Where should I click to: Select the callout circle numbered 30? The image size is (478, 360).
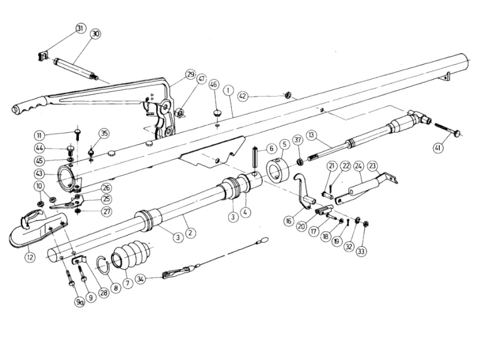[x=95, y=35]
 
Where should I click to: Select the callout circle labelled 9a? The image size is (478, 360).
[x=79, y=303]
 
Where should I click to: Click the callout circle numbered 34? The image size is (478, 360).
[x=140, y=278]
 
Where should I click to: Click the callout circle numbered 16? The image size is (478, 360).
[x=289, y=220]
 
